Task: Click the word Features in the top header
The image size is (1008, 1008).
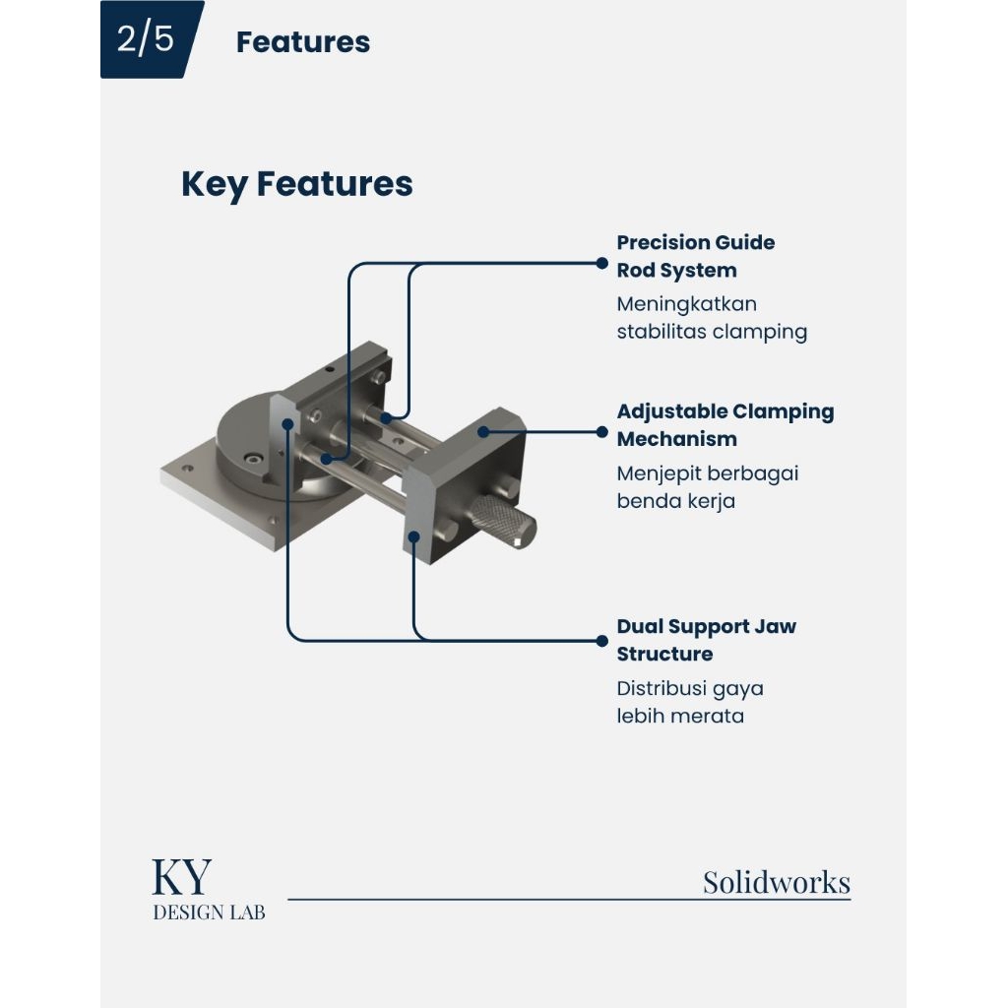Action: (303, 42)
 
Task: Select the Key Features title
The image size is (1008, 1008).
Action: (297, 184)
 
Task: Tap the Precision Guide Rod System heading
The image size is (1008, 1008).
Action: (696, 256)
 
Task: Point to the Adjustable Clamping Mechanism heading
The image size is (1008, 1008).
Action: (725, 425)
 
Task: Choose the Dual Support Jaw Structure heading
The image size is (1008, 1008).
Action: (707, 640)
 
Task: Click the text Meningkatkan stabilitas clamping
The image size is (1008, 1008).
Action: (712, 318)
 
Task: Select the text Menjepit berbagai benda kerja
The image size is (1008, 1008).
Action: (707, 486)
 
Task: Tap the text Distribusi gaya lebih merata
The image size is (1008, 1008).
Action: (690, 702)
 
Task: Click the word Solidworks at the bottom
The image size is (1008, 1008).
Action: (777, 882)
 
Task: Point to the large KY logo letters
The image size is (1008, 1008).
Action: (181, 877)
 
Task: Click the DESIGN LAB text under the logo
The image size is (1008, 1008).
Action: (209, 913)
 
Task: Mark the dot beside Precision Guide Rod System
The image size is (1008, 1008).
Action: (601, 263)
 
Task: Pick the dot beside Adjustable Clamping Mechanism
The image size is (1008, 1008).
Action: (601, 432)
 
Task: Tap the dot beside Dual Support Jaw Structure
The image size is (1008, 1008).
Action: (601, 641)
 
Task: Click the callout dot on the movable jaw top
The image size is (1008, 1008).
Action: (483, 432)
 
